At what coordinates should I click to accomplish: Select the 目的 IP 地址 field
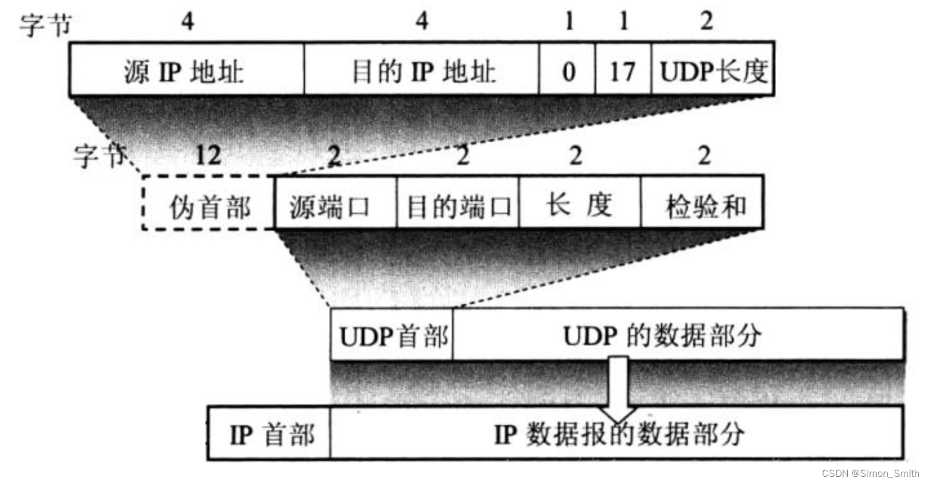pos(422,70)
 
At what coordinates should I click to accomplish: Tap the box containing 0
pos(568,70)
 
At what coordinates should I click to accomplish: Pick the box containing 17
pos(623,70)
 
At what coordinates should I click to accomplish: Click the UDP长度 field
pos(713,70)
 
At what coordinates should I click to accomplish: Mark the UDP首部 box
pos(392,335)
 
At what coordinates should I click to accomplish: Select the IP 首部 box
pos(270,433)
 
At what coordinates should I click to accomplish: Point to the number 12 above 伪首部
pos(208,156)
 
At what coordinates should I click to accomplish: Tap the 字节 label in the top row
pos(45,24)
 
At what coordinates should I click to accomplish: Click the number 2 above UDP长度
pos(707,22)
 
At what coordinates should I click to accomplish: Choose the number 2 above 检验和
pos(704,156)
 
